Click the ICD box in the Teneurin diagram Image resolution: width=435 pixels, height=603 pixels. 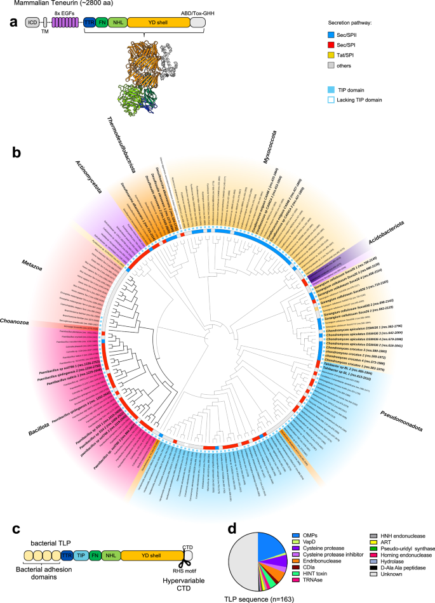[31, 22]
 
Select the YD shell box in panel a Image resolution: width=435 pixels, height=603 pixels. [159, 22]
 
